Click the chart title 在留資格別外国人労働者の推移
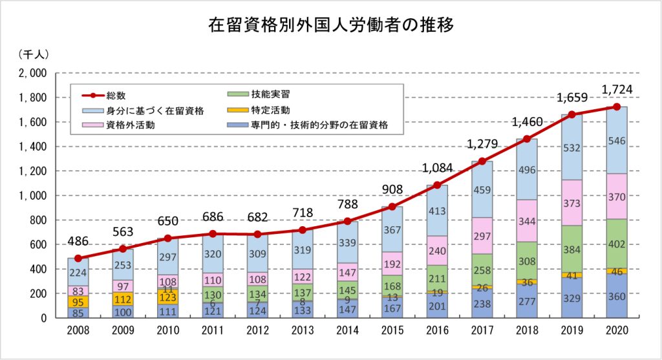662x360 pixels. click(330, 25)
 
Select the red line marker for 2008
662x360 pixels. click(78, 259)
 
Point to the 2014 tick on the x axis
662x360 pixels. click(347, 330)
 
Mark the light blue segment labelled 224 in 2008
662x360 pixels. click(78, 272)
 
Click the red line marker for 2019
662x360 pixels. click(571, 114)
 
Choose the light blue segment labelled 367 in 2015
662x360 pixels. click(392, 229)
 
